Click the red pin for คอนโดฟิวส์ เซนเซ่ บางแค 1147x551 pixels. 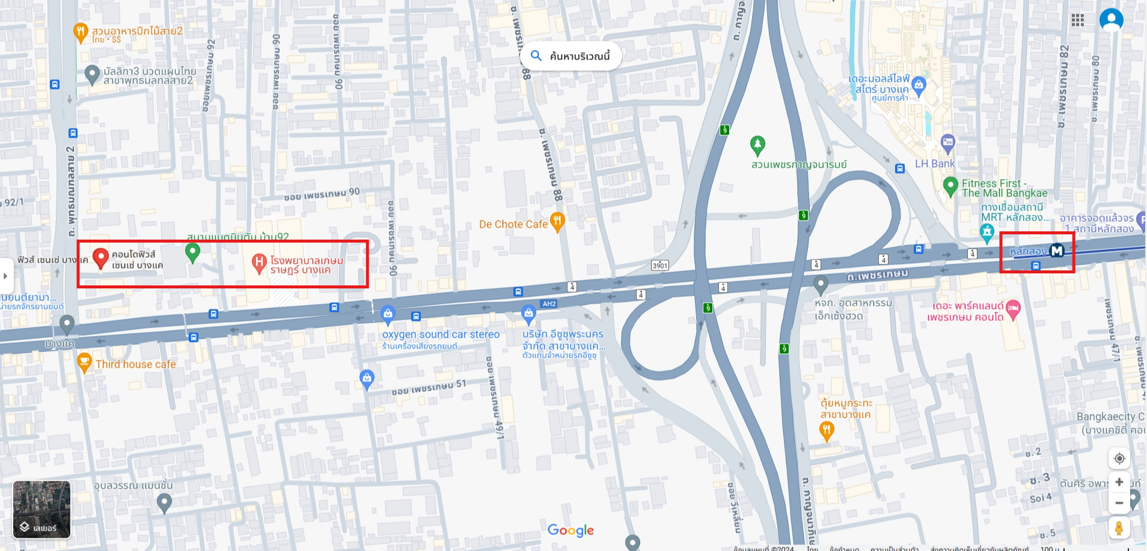coord(101,258)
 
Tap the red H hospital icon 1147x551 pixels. coord(258,263)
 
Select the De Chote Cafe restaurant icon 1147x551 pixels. coord(557,222)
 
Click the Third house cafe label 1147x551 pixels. coord(136,364)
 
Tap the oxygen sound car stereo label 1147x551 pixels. coord(441,335)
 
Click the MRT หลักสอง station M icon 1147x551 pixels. coord(1057,251)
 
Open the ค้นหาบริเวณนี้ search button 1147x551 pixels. coord(570,56)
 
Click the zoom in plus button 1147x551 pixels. coord(1119,482)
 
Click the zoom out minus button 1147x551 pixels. coord(1119,503)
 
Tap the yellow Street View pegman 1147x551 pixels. coord(1119,528)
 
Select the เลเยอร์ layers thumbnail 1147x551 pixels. coord(41,509)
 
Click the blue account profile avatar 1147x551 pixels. coord(1111,20)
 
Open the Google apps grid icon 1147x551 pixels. coord(1077,20)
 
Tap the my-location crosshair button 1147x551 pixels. coord(1119,458)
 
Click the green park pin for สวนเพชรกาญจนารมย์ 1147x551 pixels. coord(757,145)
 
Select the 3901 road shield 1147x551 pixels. coord(660,265)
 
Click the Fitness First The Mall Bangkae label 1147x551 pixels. coord(1004,188)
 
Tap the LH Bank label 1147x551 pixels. coord(934,163)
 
